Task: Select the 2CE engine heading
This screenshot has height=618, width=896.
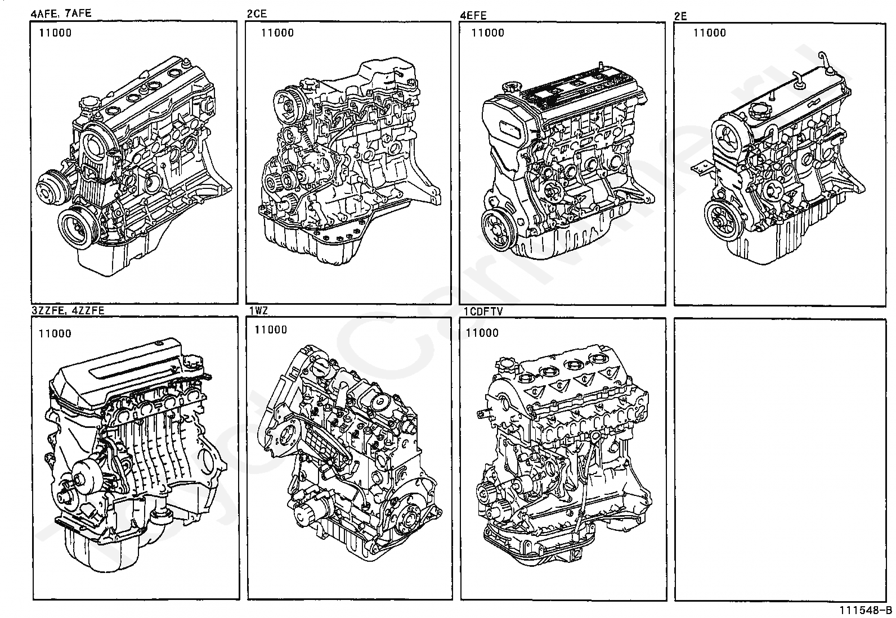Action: (258, 14)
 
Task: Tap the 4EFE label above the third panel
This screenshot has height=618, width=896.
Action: (473, 15)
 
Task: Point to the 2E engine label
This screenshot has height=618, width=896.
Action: (680, 16)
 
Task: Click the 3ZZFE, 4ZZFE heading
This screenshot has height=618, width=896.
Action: (68, 310)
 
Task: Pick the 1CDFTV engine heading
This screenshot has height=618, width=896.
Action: (483, 310)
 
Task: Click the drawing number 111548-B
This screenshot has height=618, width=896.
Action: (866, 610)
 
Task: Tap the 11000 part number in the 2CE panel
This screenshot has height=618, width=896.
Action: (277, 33)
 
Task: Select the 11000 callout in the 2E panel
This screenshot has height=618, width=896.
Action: (709, 33)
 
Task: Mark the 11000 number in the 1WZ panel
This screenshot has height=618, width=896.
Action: (271, 330)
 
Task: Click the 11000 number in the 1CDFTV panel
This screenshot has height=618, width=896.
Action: (482, 333)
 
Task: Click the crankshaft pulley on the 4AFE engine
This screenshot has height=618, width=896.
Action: (78, 228)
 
